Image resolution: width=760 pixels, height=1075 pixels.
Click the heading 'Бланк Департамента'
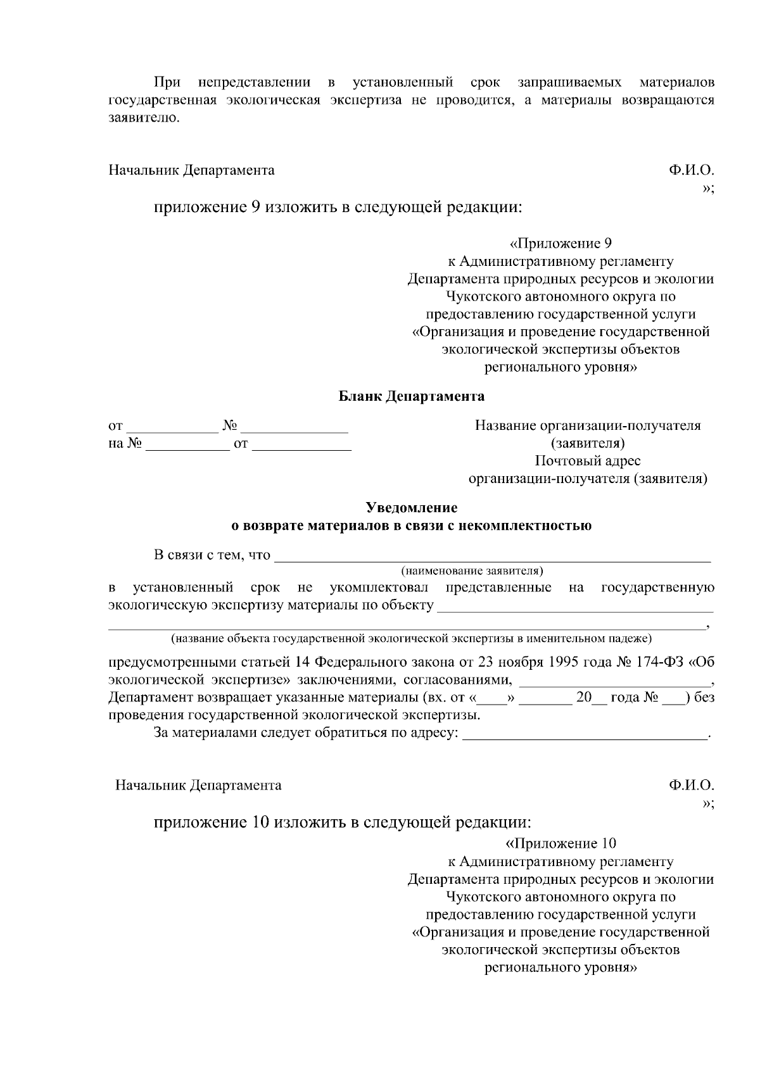[412, 397]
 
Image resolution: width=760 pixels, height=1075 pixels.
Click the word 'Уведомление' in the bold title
[412, 508]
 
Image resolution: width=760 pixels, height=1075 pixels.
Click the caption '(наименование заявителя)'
[472, 570]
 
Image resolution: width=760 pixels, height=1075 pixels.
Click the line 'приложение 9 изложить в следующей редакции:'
[339, 208]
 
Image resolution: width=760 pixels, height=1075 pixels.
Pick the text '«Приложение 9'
[560, 244]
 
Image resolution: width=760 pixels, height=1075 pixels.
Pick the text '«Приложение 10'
[560, 844]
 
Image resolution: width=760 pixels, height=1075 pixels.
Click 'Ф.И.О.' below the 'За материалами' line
[691, 786]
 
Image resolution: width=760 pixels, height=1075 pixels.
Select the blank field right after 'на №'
[187, 444]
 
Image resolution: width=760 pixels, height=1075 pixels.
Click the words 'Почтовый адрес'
[587, 461]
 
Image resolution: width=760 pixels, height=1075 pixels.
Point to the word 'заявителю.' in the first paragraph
[144, 118]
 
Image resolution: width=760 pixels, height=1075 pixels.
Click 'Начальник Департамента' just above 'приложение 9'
[192, 170]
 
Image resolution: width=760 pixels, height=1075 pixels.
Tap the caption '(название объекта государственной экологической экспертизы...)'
[412, 638]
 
